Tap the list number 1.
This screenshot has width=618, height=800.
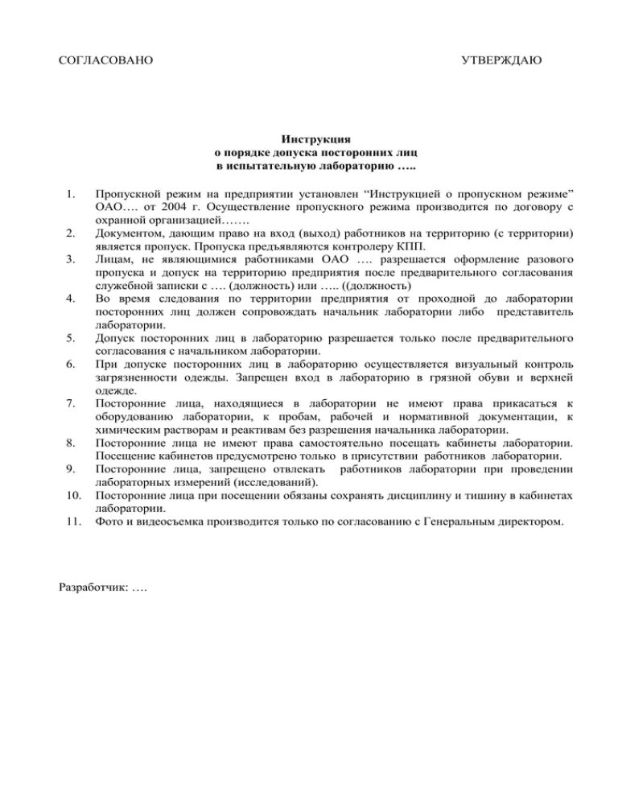[70, 194]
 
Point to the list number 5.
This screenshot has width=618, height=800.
[70, 338]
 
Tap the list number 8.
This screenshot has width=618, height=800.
[70, 443]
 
